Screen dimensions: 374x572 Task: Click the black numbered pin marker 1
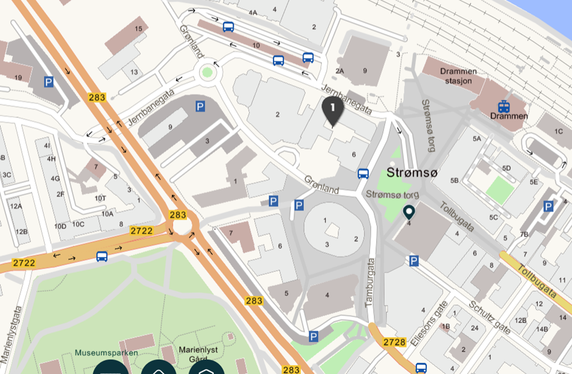(x=332, y=109)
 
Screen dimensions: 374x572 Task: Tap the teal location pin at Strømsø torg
(x=409, y=212)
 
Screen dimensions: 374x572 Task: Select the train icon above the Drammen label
(x=503, y=106)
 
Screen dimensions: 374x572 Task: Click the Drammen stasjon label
(x=459, y=76)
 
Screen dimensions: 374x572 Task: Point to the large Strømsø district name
(x=413, y=173)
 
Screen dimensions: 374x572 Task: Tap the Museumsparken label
(x=107, y=352)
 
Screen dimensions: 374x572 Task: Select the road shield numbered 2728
(x=393, y=343)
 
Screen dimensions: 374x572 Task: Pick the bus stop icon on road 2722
(x=102, y=256)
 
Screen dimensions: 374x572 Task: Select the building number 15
(x=139, y=28)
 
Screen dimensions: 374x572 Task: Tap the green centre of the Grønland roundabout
(x=208, y=72)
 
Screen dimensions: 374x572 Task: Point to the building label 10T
(x=100, y=198)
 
